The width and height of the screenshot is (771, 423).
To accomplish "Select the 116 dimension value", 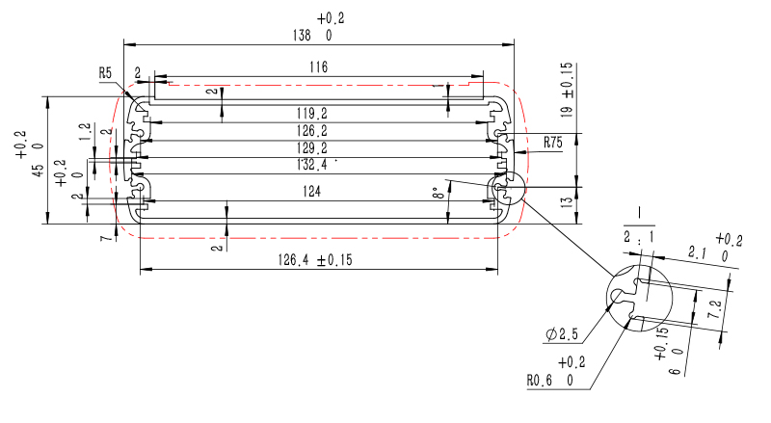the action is (318, 66).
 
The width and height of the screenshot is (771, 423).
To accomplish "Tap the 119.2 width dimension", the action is (311, 114).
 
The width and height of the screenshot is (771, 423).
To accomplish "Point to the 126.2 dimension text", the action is (311, 131).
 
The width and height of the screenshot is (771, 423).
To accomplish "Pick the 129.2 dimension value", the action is (311, 148).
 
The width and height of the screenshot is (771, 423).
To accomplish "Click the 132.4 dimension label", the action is (311, 164).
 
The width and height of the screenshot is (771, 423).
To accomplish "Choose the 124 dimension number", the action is (311, 191).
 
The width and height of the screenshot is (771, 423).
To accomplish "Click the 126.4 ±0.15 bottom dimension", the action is (315, 260).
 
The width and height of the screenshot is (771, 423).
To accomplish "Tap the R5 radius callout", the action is (105, 73).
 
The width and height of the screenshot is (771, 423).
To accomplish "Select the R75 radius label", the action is (552, 143).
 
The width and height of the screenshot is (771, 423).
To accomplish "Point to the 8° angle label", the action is (438, 193).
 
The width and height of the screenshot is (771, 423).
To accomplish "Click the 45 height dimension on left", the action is (38, 171).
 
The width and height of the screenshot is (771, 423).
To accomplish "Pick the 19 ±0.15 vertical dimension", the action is (567, 90).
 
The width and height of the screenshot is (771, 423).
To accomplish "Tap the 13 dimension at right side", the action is (567, 201).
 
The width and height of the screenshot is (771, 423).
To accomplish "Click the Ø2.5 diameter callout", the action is (562, 334).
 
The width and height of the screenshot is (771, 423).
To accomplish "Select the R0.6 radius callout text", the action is (540, 381).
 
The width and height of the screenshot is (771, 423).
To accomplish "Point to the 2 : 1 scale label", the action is (639, 237).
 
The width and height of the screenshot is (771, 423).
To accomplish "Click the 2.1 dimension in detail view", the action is (698, 253).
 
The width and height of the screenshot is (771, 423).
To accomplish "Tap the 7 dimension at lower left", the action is (106, 238).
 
